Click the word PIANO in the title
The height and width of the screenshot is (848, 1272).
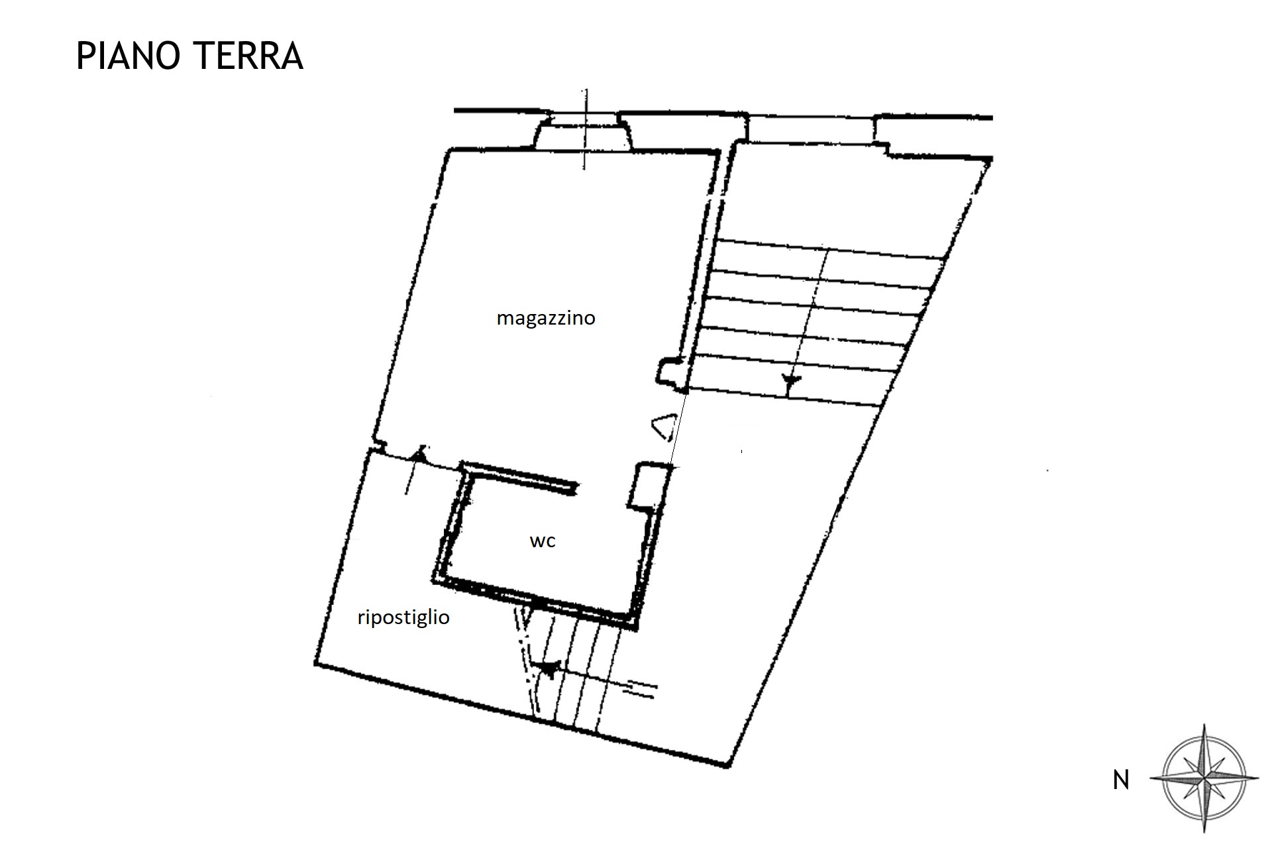(129, 56)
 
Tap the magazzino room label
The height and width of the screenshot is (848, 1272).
(546, 319)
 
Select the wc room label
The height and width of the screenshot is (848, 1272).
(543, 541)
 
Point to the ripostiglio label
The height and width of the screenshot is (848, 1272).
(403, 617)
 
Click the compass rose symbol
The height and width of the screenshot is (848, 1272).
(1204, 778)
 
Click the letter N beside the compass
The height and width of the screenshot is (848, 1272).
(1121, 781)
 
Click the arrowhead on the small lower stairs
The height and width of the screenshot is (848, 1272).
(549, 668)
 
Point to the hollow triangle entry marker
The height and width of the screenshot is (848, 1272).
(664, 427)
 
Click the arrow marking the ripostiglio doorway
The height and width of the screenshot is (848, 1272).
(413, 471)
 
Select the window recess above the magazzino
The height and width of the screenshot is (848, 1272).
(583, 132)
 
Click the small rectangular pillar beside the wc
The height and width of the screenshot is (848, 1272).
(648, 486)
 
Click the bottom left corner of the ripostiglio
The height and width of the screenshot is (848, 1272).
(316, 662)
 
